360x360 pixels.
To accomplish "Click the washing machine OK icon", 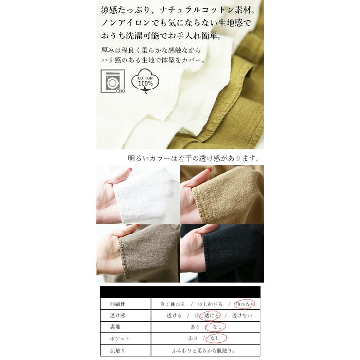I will tap(112, 81).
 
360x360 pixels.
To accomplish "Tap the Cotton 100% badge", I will tap(145, 81).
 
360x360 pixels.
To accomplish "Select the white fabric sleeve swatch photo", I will tap(138, 195).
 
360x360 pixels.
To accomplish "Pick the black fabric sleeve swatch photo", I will tap(222, 253).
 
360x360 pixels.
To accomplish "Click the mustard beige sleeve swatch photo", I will tap(222, 195).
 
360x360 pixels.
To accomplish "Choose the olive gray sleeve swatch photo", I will tap(138, 253).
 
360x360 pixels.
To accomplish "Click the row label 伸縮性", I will tap(112, 304).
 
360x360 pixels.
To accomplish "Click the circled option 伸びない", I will tap(244, 304).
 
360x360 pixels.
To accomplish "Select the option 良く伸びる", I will tap(173, 304).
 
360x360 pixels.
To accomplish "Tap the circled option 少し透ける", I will tap(207, 316).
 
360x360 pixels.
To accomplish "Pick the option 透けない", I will tap(242, 316).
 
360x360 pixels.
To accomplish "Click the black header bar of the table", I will tap(180, 292).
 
